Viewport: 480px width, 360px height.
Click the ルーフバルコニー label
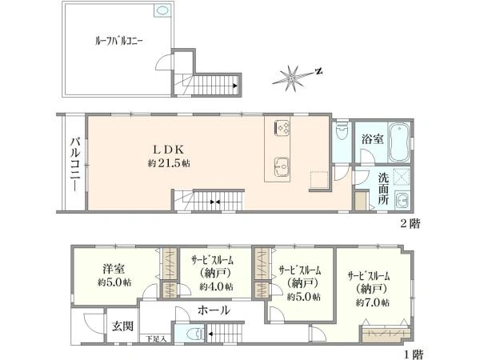[118, 42]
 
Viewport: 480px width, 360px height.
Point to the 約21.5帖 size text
[169, 163]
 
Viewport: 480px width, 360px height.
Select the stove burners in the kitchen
[282, 127]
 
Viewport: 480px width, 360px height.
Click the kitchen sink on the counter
[282, 167]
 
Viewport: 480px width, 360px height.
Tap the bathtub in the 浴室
[399, 142]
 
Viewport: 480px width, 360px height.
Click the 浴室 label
[372, 139]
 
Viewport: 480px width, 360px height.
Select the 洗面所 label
[383, 189]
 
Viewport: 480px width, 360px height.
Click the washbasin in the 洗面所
[402, 201]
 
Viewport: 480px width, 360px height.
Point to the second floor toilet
[342, 130]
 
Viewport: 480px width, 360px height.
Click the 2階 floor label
[410, 224]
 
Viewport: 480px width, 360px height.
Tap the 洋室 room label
[114, 269]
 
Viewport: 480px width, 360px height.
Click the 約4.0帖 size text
[217, 286]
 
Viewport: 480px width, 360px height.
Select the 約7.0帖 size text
[372, 302]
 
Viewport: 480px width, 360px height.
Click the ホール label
[214, 310]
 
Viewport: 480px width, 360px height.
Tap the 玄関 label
[122, 326]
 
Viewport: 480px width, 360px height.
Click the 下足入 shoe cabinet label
[155, 339]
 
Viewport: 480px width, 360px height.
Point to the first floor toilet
[195, 333]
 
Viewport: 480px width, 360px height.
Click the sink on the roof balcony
[162, 10]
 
